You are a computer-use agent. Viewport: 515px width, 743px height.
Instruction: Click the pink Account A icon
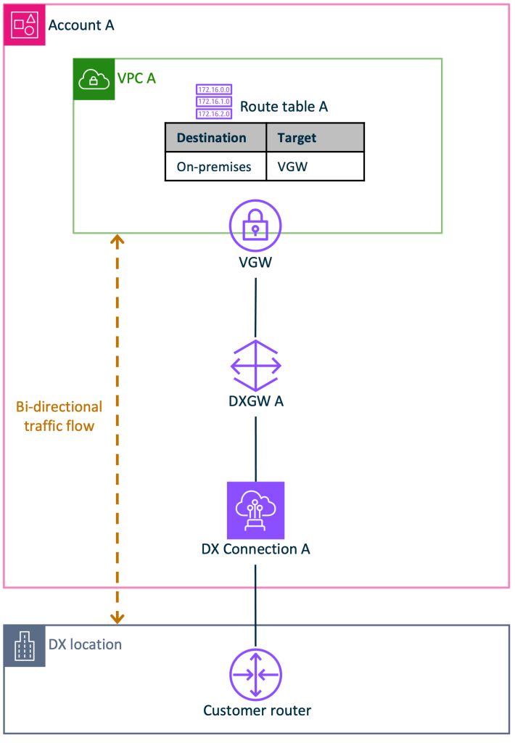tap(24, 25)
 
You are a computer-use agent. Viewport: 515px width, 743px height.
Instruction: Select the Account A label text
tap(81, 25)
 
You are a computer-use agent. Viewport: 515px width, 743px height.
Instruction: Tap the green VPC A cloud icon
tap(94, 79)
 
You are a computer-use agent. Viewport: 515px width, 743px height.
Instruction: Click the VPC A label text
tap(136, 78)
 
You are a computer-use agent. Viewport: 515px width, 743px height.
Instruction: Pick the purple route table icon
tap(214, 102)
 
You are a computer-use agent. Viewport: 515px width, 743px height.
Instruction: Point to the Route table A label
tap(284, 107)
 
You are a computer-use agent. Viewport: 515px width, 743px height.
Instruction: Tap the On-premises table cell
tap(214, 167)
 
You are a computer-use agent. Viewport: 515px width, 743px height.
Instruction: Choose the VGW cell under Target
tap(292, 167)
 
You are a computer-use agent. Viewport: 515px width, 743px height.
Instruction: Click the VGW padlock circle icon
tap(255, 226)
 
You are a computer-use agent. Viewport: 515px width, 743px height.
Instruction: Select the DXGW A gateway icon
tap(255, 365)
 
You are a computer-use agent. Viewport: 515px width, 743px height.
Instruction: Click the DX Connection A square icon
tap(255, 510)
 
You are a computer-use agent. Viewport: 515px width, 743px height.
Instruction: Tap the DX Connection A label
tap(255, 549)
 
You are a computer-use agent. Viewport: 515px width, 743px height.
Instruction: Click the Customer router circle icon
tap(255, 674)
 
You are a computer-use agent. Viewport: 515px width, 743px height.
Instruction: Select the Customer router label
tap(257, 711)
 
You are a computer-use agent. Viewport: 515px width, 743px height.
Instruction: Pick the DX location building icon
tap(25, 645)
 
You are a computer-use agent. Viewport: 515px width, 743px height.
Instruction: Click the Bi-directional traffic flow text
tap(59, 416)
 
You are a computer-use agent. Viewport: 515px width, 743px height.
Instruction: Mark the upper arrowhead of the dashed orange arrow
tap(117, 239)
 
